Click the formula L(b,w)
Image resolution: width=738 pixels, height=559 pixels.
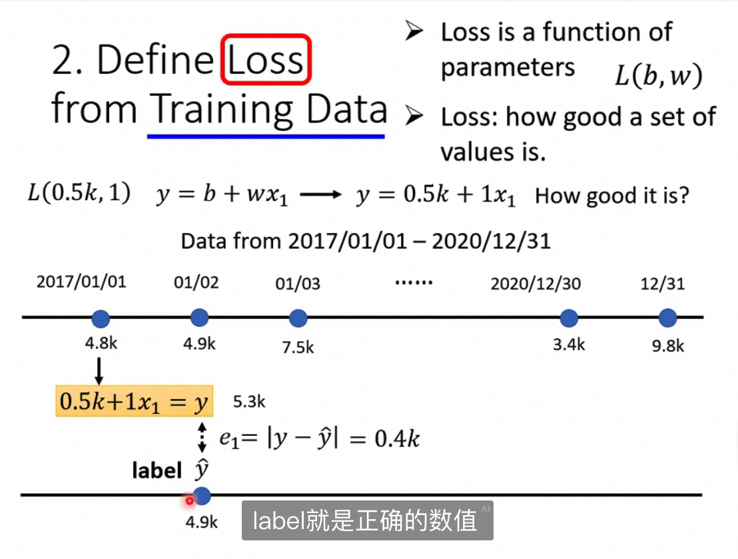tap(659, 75)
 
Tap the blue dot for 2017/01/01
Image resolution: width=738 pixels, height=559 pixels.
tap(101, 319)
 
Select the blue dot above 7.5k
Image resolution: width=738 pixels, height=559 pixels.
tap(298, 318)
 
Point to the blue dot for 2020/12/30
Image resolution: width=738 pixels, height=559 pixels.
tap(569, 318)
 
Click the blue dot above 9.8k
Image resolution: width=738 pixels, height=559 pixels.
tap(667, 318)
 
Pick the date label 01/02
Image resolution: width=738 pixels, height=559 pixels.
tap(196, 283)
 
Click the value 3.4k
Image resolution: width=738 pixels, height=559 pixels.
tap(569, 345)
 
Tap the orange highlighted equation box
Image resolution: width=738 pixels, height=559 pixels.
tap(134, 401)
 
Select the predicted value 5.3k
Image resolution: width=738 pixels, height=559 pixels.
tap(249, 402)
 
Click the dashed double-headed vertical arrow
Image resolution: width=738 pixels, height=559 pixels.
tap(202, 437)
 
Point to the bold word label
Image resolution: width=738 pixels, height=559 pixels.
tap(157, 470)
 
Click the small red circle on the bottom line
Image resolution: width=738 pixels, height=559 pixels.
tap(189, 501)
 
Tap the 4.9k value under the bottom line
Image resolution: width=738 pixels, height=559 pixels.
tap(201, 522)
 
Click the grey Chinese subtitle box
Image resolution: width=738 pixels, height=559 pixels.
tap(368, 520)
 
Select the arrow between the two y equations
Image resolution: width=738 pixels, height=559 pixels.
tap(320, 194)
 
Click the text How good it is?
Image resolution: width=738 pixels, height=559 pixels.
tap(612, 196)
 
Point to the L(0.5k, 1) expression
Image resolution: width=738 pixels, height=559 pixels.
tap(79, 193)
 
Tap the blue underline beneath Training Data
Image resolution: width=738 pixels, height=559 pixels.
tap(266, 136)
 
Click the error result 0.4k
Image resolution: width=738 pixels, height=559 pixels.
tap(397, 439)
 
